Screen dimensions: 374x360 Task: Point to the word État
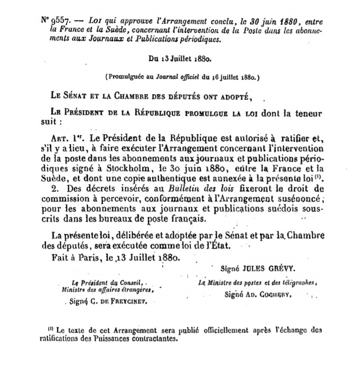[x=221, y=245]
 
